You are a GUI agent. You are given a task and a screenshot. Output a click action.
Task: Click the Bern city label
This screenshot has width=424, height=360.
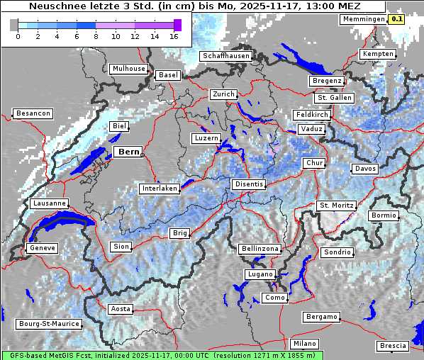[x=128, y=152]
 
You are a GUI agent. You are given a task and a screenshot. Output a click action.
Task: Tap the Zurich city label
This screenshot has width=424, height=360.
[x=223, y=94]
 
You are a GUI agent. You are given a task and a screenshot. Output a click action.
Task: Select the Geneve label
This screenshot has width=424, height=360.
[x=41, y=248]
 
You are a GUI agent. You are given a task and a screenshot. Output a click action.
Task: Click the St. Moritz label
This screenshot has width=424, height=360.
[x=335, y=206]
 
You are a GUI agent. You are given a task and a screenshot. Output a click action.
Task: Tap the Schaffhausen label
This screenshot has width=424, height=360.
[x=225, y=56]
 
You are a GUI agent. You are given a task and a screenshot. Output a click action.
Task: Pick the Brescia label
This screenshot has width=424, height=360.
[x=393, y=346]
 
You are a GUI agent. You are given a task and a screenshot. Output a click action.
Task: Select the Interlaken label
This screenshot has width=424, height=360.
[x=159, y=189]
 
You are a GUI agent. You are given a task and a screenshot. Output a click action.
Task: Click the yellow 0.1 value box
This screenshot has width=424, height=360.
[x=396, y=19]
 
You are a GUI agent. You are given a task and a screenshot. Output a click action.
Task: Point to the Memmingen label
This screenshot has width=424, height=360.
[x=362, y=19]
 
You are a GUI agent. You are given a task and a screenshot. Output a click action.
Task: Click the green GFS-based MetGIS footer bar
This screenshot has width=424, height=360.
[x=161, y=355]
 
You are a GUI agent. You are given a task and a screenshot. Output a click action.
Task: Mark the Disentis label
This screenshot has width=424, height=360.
[x=248, y=184]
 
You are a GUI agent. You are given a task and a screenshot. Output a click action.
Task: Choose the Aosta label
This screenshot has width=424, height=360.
[x=120, y=309]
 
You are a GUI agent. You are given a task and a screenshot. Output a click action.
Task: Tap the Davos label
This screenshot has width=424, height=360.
[x=365, y=169]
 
